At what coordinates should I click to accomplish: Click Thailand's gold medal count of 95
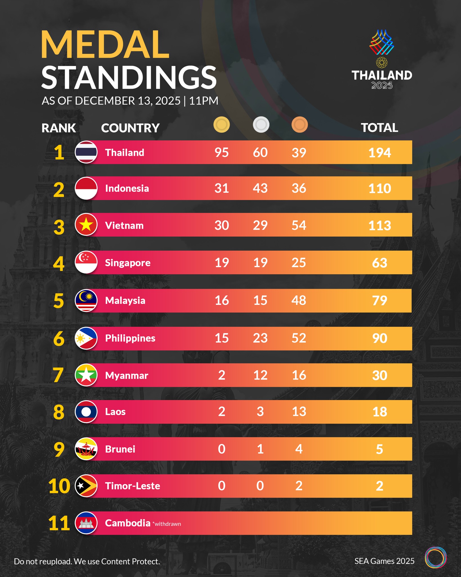tap(221, 152)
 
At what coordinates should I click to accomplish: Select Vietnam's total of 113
tap(380, 225)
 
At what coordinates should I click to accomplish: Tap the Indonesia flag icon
tap(86, 188)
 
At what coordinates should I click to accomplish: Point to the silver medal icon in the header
tap(261, 125)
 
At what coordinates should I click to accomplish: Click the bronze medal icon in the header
tap(299, 125)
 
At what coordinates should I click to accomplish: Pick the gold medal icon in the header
tap(221, 125)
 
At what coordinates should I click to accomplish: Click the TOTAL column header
tap(379, 128)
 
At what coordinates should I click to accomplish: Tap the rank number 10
tap(59, 486)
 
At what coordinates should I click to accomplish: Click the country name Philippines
tap(130, 338)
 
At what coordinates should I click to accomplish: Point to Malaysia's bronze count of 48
tap(299, 300)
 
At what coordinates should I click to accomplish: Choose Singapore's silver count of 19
tap(260, 263)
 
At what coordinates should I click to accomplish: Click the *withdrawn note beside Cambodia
tap(167, 524)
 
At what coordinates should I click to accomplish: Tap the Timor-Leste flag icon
tap(86, 486)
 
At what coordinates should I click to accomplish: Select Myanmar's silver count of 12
tap(260, 375)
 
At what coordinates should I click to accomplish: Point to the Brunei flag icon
tap(86, 449)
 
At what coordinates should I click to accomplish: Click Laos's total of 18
tap(380, 412)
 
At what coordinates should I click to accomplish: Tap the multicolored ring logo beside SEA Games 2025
tap(435, 557)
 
